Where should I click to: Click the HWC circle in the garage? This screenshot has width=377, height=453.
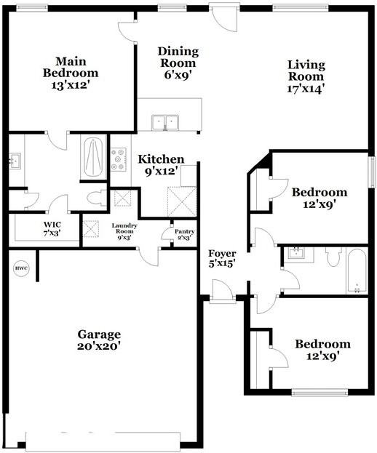coord(20,269)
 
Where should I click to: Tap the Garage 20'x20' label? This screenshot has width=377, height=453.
coord(99,340)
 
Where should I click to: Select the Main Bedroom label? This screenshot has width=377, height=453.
coord(71,73)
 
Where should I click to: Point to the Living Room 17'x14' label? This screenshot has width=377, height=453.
coord(306,76)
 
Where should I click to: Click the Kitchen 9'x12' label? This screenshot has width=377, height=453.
coord(161,164)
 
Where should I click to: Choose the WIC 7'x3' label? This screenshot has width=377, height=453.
coord(52,228)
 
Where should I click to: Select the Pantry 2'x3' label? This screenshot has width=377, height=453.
coord(185,234)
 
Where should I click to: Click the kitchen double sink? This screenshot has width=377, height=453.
coord(165,121)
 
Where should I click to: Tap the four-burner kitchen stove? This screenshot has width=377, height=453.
coord(119,159)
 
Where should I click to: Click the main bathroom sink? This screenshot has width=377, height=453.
coord(15,161)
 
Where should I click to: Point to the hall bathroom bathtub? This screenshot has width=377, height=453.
coord(357,270)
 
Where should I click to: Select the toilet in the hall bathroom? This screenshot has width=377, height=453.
coord(334,257)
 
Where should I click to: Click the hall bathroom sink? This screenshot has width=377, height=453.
coord(297,254)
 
